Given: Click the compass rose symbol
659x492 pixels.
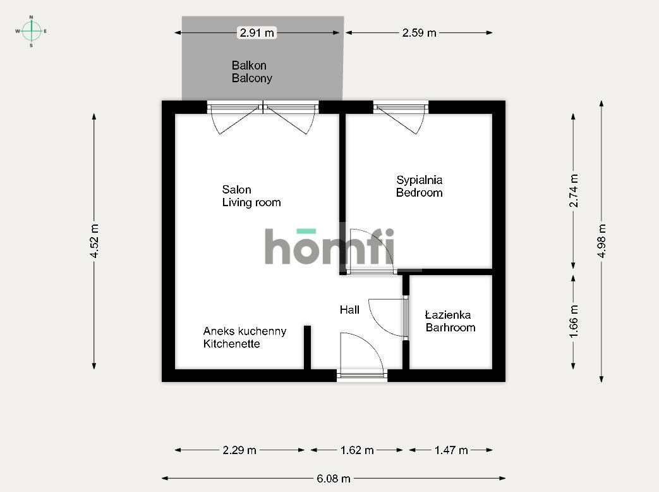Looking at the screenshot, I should click(x=32, y=30).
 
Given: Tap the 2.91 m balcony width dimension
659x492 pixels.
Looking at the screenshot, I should click(x=256, y=32).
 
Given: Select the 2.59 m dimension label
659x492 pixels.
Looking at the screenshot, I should click(x=419, y=32).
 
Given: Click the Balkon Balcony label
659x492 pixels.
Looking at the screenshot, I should click(x=251, y=72).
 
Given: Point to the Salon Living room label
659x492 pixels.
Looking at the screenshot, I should click(x=251, y=196).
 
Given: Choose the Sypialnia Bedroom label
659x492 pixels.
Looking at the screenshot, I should click(x=419, y=187).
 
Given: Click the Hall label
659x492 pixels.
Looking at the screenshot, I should click(x=349, y=310).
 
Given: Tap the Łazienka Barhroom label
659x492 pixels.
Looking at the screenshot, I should click(x=450, y=321).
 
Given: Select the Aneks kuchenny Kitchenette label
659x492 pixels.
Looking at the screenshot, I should click(x=245, y=338).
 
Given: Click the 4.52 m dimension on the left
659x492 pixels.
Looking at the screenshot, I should click(x=94, y=241).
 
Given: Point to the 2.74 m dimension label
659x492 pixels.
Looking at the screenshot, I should click(x=574, y=191).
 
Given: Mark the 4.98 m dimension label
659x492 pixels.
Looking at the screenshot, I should click(x=602, y=241).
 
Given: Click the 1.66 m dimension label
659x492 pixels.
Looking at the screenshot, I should click(x=574, y=321).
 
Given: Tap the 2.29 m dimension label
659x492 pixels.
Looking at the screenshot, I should click(x=239, y=450).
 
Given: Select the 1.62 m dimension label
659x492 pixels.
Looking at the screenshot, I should click(x=357, y=450).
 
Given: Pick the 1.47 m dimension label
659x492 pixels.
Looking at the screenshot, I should click(x=450, y=450).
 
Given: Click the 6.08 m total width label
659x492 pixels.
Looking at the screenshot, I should click(x=333, y=479).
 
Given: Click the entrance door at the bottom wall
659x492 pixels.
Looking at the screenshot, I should click(x=362, y=357).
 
